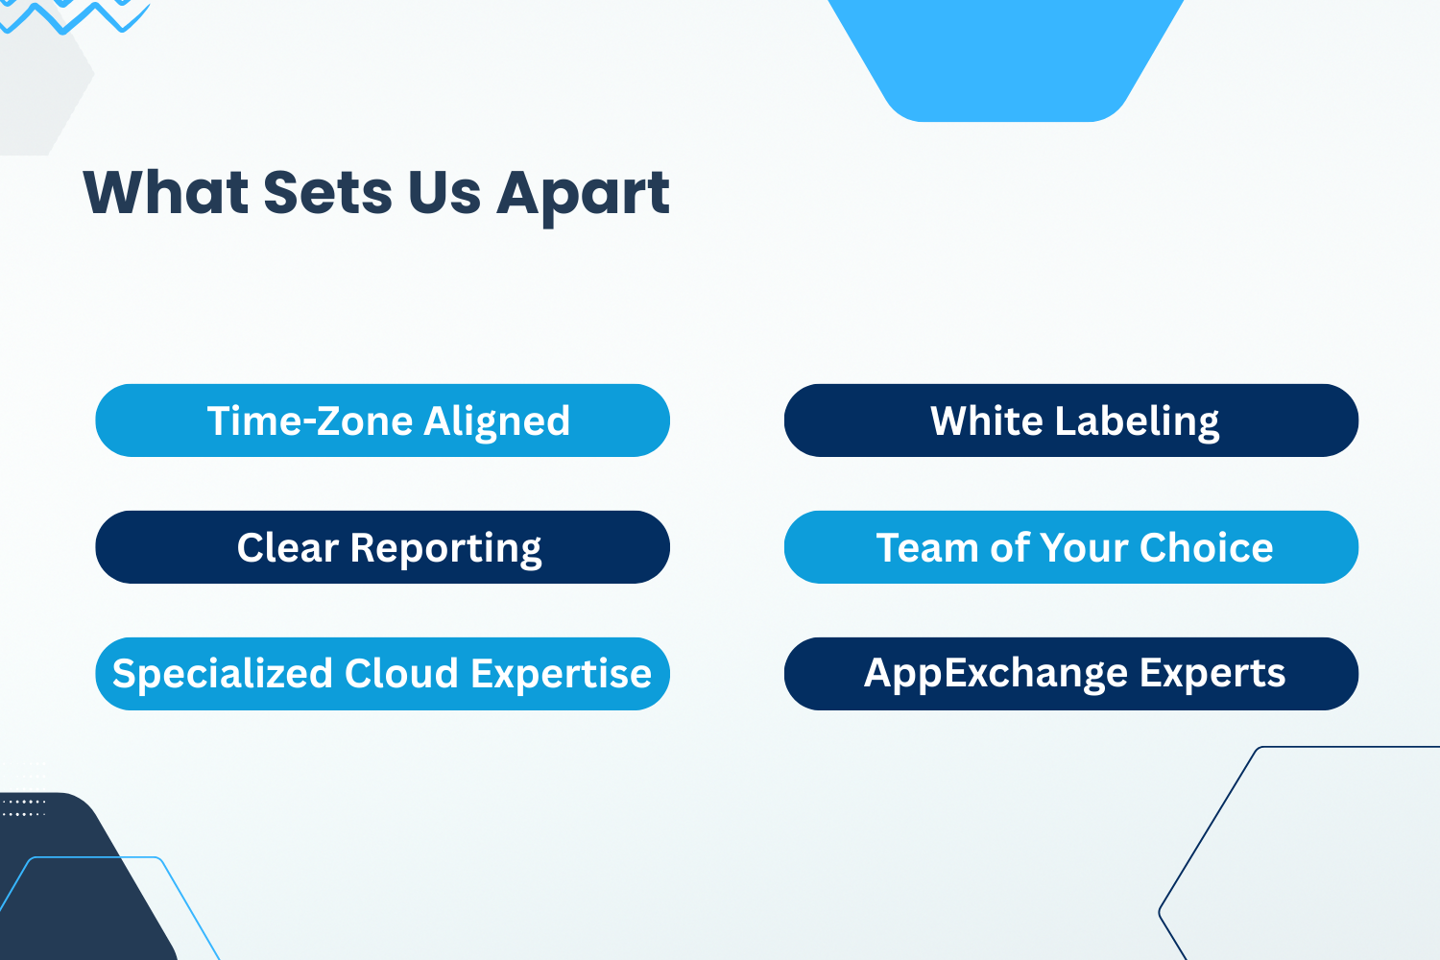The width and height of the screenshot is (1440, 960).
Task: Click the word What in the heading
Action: (166, 192)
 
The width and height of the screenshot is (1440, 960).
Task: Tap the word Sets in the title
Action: (327, 192)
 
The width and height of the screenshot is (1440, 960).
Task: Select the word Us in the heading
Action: (444, 192)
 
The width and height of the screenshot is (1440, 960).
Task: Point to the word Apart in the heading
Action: (583, 196)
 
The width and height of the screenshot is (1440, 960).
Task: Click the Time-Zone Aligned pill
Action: (382, 420)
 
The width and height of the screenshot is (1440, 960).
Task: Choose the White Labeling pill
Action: (1071, 420)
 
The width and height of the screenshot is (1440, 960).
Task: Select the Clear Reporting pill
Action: (382, 547)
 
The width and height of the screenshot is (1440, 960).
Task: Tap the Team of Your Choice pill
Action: (1071, 547)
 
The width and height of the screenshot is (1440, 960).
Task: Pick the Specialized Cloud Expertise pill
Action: (382, 674)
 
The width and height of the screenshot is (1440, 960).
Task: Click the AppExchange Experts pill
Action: (1071, 674)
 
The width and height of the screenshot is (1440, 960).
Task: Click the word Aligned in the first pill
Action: (497, 422)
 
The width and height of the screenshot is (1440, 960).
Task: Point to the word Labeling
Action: (1137, 422)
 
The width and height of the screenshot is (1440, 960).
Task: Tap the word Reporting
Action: (446, 549)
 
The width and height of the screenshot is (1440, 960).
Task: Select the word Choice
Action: (1206, 547)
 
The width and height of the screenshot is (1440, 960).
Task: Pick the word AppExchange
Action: (996, 675)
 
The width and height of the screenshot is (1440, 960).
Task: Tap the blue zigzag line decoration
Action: (74, 17)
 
